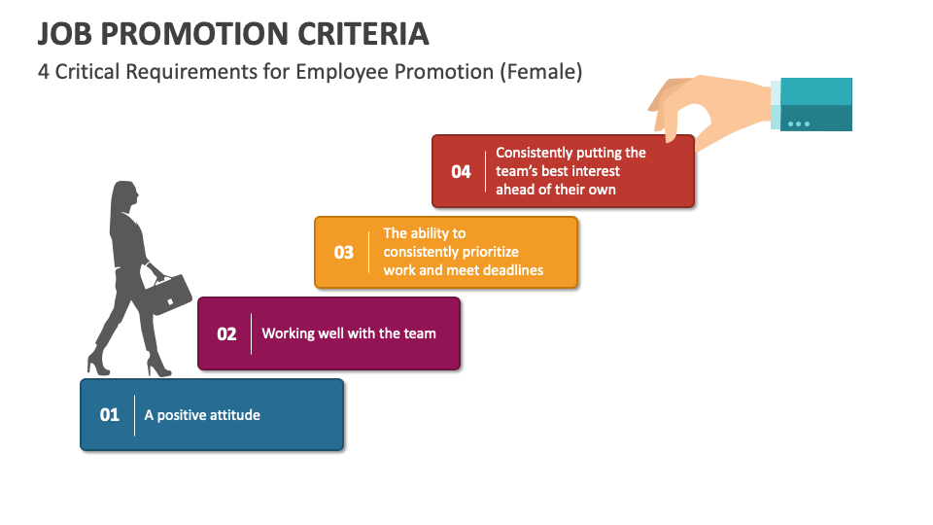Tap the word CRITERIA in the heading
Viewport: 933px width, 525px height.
click(x=363, y=34)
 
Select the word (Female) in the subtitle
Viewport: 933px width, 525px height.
click(x=541, y=72)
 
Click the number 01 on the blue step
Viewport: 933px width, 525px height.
click(x=110, y=415)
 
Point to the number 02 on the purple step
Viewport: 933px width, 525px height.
click(x=226, y=333)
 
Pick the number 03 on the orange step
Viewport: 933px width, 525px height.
click(x=344, y=253)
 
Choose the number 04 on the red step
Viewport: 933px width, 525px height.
click(x=461, y=172)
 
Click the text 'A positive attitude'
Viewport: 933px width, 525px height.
click(x=202, y=415)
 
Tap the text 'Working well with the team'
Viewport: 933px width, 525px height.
click(x=349, y=333)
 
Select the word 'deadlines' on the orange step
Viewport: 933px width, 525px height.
click(x=513, y=270)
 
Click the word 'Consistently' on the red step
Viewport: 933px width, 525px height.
click(x=534, y=153)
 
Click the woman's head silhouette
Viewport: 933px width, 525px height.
click(x=124, y=195)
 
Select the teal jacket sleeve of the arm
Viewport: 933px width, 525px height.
click(x=815, y=104)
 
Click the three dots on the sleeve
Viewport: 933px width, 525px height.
click(x=799, y=123)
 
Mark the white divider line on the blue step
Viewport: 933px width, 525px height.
click(x=134, y=415)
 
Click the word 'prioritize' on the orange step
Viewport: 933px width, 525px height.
click(x=489, y=253)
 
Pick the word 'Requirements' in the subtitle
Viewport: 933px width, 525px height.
click(x=191, y=72)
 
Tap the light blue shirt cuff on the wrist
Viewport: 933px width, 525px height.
click(x=776, y=105)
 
